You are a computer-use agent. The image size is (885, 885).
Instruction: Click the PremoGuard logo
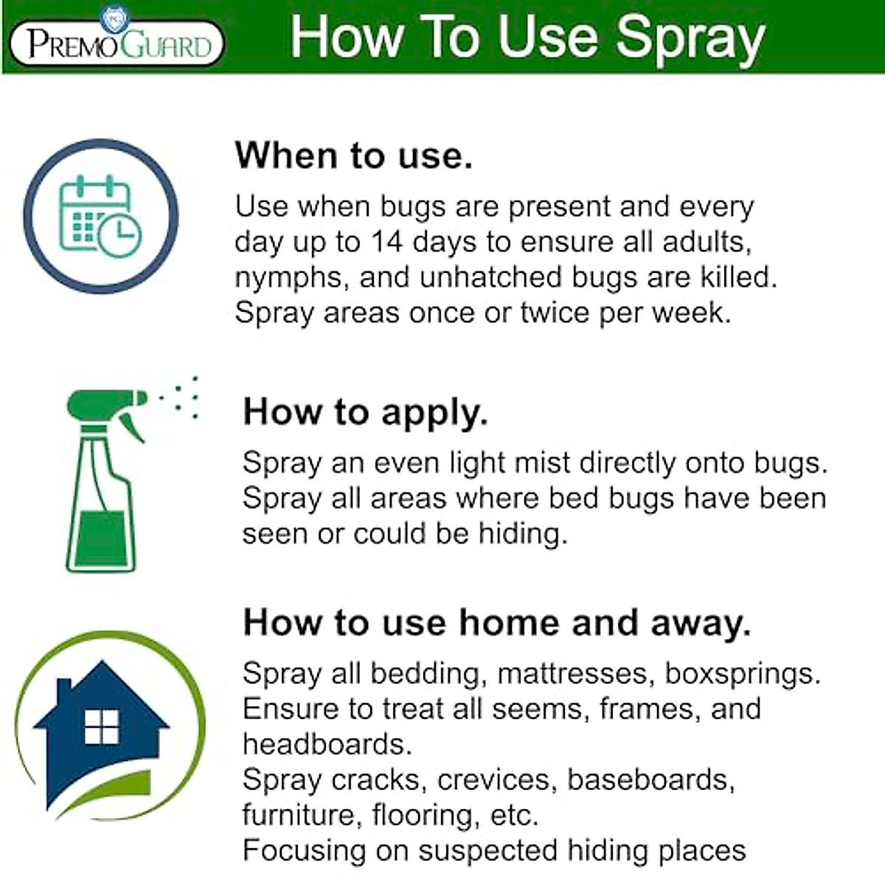point(117,43)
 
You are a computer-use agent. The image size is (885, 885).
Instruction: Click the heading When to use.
point(353,156)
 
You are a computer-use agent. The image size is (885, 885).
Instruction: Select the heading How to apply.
point(365,412)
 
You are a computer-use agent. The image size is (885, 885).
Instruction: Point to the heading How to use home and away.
point(496,622)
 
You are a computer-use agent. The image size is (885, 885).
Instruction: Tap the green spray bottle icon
point(103,479)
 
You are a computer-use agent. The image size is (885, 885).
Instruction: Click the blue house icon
point(100,730)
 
